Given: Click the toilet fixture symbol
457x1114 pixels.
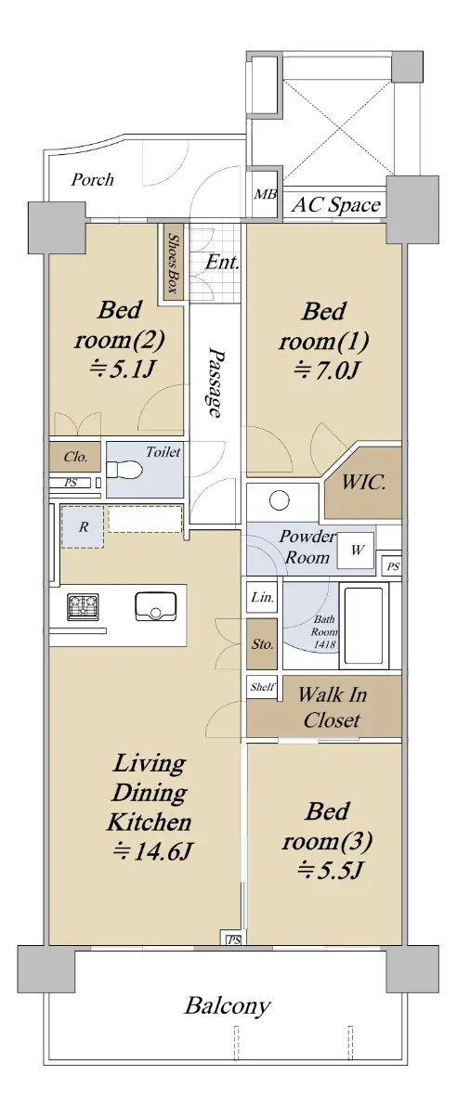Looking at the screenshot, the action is [x=124, y=469].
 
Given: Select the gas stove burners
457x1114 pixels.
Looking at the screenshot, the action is [x=83, y=607].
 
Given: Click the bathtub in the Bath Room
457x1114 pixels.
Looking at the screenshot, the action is [x=364, y=626].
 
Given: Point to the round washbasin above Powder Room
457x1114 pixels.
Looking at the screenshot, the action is [x=280, y=500].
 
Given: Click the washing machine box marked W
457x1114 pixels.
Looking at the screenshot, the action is [x=356, y=551].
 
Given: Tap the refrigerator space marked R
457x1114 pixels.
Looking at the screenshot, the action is [x=83, y=527].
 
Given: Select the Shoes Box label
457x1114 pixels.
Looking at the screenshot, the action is [x=173, y=264].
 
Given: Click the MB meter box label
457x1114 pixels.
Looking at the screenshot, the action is [x=266, y=194].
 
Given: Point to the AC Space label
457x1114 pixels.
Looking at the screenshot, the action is [x=336, y=204].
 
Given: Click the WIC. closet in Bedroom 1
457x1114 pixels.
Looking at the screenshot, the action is [x=363, y=483].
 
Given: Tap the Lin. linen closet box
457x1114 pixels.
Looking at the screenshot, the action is [x=262, y=597].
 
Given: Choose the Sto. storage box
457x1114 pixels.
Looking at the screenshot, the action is [x=262, y=644].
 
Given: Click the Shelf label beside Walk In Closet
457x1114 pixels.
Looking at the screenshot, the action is [x=262, y=687].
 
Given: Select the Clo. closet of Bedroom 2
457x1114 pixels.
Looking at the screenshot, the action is [x=75, y=457].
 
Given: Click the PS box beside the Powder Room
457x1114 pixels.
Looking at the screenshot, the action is [x=393, y=566].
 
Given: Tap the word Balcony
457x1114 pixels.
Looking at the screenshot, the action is [x=228, y=1006].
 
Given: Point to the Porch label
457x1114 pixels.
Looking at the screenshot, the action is [x=92, y=179].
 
